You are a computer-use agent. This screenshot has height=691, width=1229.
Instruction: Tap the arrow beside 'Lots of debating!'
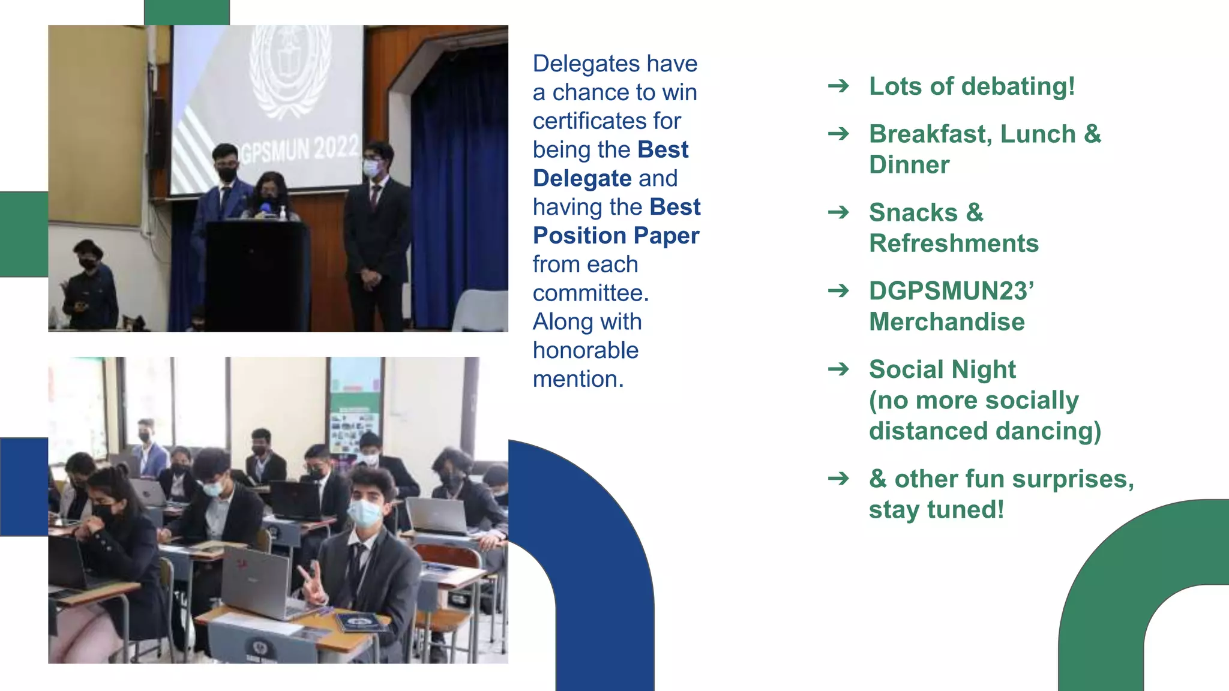click(838, 86)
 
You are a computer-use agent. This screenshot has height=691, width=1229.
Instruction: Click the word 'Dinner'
click(909, 165)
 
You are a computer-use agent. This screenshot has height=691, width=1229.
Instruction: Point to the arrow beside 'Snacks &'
click(838, 212)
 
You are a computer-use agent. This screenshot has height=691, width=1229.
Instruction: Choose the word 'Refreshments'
click(954, 244)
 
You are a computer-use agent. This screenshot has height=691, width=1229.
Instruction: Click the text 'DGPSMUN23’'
click(951, 291)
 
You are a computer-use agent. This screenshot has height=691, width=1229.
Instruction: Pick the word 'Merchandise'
click(947, 322)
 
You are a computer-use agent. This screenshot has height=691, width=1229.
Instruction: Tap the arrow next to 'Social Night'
click(838, 369)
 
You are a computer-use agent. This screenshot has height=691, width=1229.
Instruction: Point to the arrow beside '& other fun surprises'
click(838, 479)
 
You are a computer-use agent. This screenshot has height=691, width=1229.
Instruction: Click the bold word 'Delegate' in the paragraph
click(582, 179)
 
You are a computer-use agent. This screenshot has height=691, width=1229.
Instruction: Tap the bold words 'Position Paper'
click(616, 236)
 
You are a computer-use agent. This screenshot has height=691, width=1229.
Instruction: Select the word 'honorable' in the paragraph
click(586, 350)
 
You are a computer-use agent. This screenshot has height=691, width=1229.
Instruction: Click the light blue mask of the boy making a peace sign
click(364, 513)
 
